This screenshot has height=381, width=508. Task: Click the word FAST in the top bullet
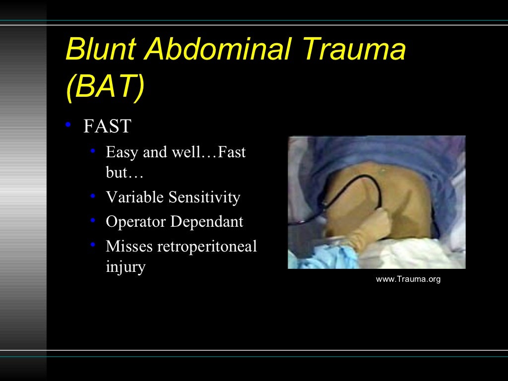[x=107, y=127]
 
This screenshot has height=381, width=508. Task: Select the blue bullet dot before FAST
[x=69, y=125]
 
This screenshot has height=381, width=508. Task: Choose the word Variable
[x=134, y=197]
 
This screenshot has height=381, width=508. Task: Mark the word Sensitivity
[x=204, y=197]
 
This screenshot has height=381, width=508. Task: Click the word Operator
[x=136, y=221]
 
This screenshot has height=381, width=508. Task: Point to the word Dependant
[x=207, y=221]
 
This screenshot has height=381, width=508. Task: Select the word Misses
[x=129, y=246]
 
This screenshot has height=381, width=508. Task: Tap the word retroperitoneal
[x=207, y=246]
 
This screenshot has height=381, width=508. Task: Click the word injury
[x=126, y=267]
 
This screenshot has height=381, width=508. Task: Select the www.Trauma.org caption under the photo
[x=408, y=279]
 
